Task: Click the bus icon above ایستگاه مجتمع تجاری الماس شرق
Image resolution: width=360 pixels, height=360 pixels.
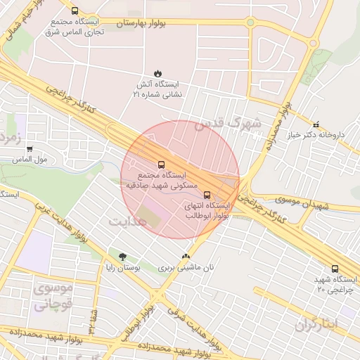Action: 75,11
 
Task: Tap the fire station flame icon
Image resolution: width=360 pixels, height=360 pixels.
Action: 157,72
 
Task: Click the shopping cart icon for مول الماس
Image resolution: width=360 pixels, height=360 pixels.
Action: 29,149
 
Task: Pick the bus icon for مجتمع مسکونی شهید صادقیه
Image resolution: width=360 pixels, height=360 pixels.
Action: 161,165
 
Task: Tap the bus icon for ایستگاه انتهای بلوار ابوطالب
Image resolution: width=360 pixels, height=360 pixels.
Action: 207,195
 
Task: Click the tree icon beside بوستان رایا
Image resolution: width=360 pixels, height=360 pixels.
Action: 123,257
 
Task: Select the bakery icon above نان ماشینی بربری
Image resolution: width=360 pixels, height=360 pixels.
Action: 186,257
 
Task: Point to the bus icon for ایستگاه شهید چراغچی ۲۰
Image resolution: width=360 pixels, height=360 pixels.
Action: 334,269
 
